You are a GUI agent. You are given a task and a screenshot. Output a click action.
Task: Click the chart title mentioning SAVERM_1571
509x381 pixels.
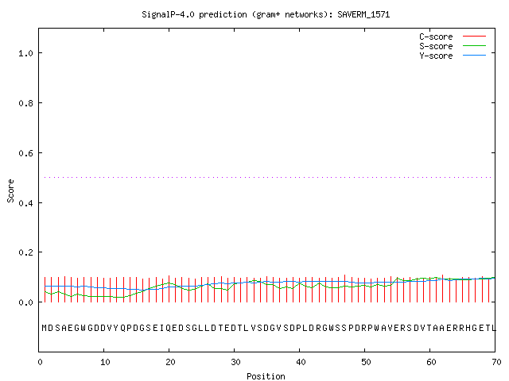tap(266, 14)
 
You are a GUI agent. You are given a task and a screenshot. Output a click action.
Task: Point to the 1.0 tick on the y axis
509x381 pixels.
tap(26, 53)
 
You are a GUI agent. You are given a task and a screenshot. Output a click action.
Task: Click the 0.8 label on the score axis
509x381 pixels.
tap(26, 103)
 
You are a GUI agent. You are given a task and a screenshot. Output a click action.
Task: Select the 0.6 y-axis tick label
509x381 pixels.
tap(26, 153)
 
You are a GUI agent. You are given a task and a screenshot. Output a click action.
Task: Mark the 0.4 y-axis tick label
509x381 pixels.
tap(26, 203)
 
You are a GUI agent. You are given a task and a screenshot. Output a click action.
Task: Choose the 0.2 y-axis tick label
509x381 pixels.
tap(26, 252)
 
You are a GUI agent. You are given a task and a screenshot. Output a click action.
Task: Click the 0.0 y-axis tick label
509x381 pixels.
tap(26, 302)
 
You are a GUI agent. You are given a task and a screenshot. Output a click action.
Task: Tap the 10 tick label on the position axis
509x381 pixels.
tap(105, 362)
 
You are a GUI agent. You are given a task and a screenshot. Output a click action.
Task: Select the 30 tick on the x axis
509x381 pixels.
tap(235, 362)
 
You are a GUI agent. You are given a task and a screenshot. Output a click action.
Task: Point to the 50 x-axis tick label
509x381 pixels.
tap(366, 362)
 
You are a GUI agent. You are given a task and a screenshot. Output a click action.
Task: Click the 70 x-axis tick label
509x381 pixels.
tap(496, 362)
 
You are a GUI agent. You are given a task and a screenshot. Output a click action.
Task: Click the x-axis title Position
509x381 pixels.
tap(266, 376)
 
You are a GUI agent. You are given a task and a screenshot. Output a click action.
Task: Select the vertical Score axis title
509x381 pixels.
tap(10, 190)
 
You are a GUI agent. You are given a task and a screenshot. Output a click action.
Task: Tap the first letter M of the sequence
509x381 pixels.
tap(45, 328)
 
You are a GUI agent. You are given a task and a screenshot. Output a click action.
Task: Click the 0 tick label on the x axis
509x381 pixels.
tap(40, 362)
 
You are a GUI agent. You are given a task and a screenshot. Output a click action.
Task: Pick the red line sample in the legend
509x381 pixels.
tap(474, 37)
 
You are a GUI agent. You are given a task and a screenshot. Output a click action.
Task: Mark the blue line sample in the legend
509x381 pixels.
tap(474, 56)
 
